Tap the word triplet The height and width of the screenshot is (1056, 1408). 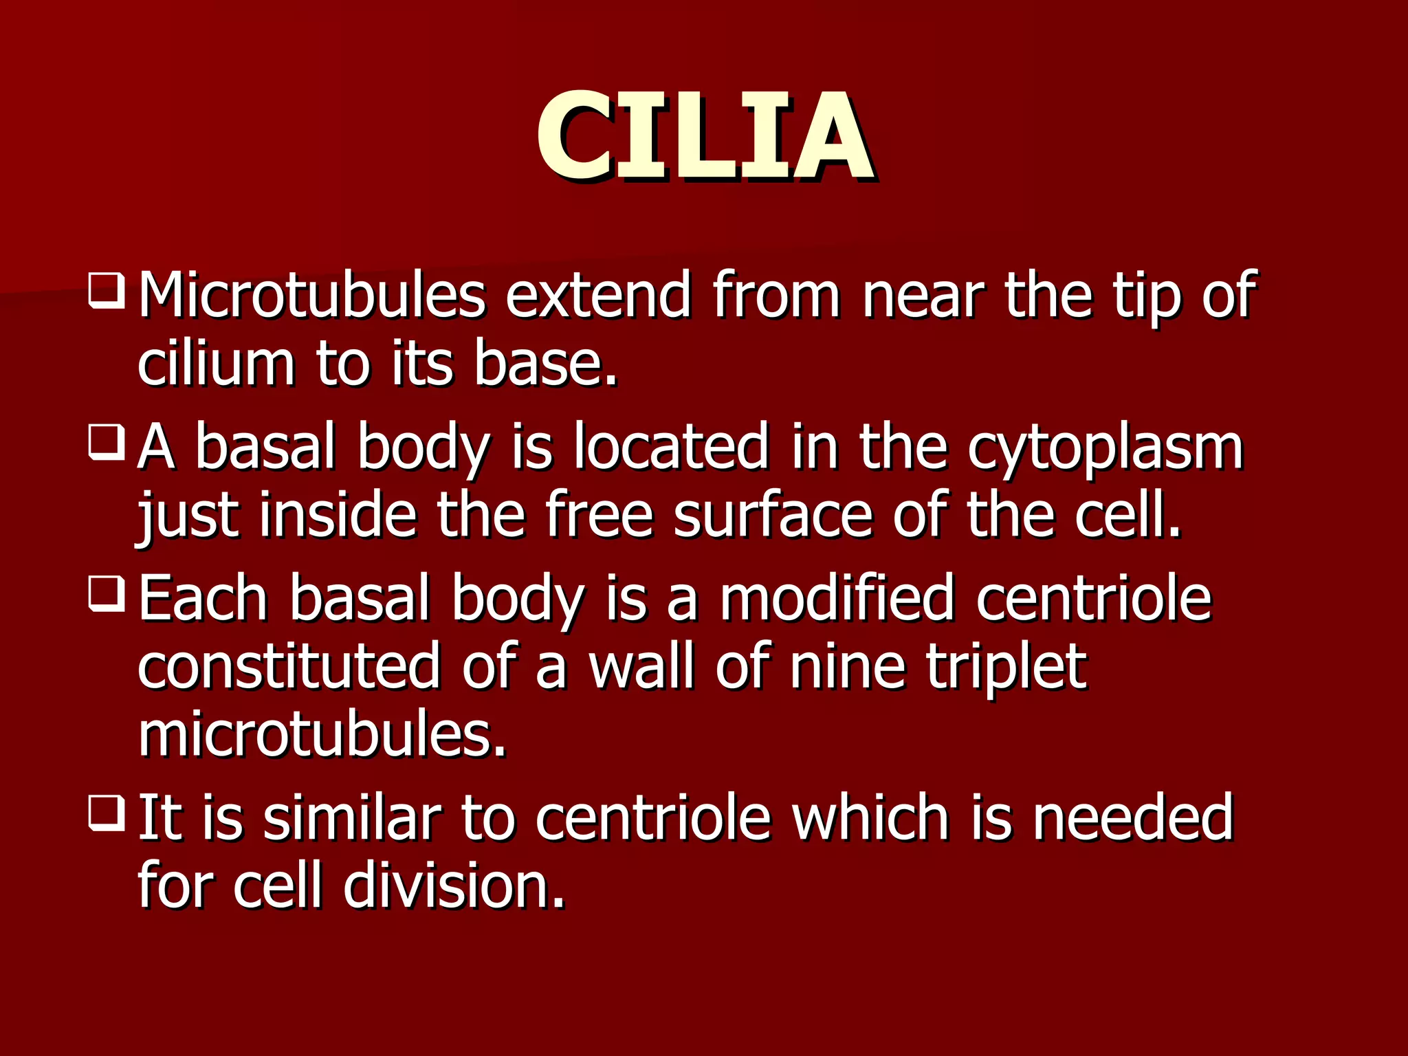pos(1006,667)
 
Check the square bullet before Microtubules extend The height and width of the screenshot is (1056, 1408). pos(107,291)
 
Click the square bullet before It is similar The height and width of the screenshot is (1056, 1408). pos(107,813)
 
